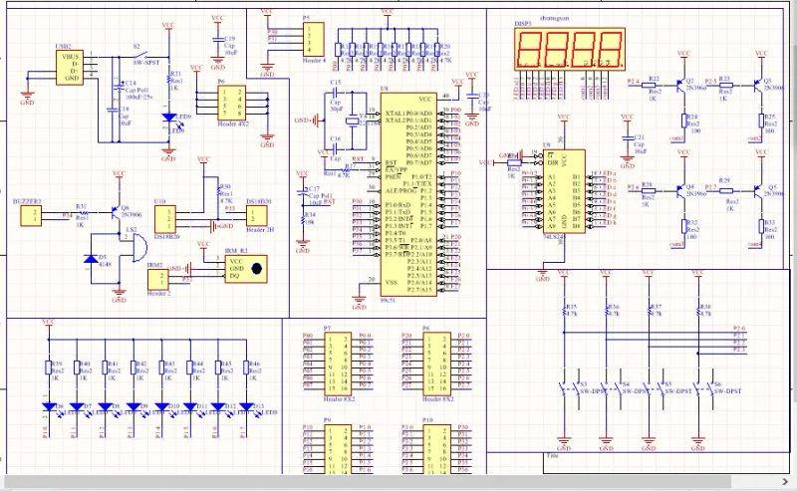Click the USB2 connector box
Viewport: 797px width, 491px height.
(x=70, y=68)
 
